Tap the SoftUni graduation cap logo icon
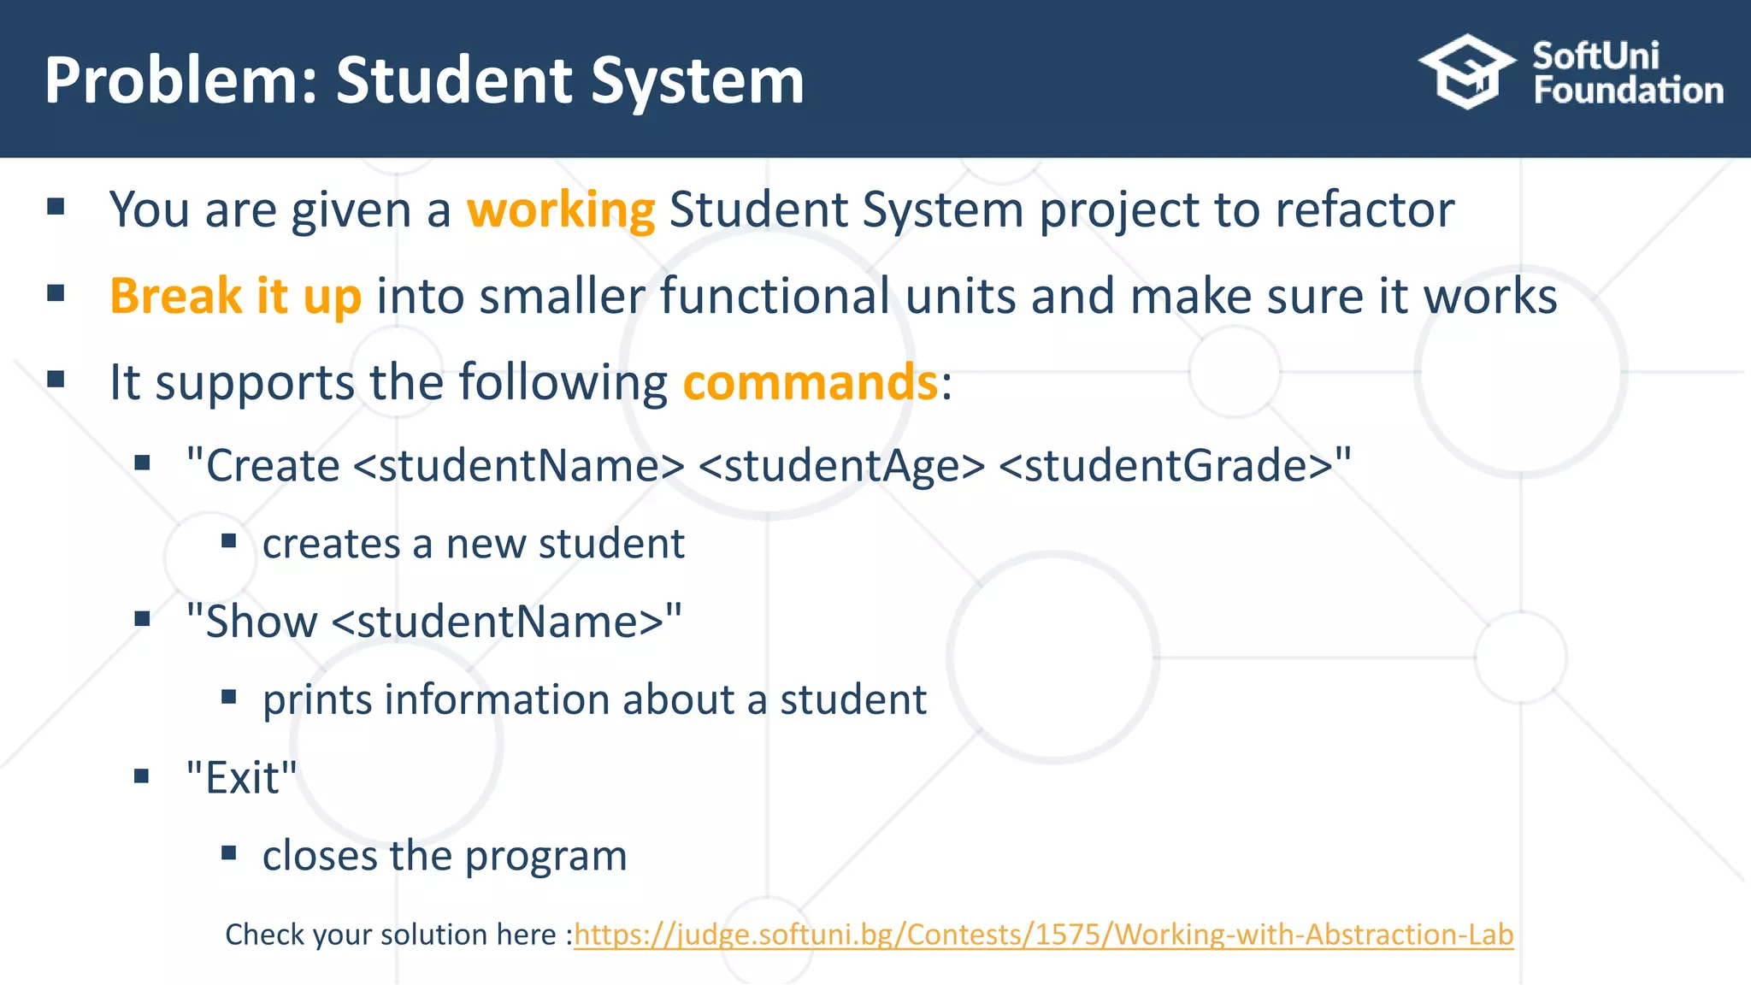click(x=1467, y=72)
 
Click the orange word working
click(x=561, y=209)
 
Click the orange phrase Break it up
click(x=235, y=296)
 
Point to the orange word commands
click(x=810, y=382)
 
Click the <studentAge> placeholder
click(x=841, y=466)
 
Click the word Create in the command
click(x=273, y=466)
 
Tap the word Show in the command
click(x=262, y=622)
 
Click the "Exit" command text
click(x=242, y=778)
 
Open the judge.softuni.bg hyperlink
click(x=1043, y=935)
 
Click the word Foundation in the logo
click(x=1628, y=91)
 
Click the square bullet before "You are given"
click(x=56, y=206)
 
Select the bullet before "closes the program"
click(x=228, y=852)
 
